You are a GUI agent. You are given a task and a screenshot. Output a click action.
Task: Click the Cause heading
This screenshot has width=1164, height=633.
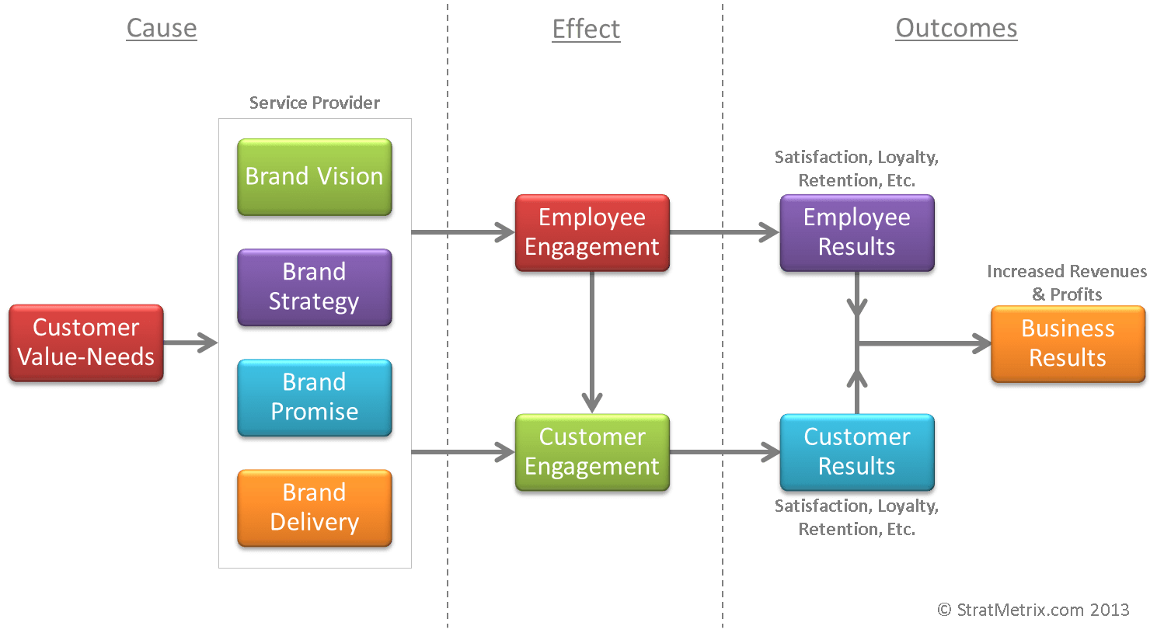click(162, 28)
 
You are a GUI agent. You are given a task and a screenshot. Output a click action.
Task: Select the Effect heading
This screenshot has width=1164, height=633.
click(586, 30)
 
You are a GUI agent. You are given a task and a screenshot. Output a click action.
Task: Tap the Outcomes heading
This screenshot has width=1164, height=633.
click(956, 28)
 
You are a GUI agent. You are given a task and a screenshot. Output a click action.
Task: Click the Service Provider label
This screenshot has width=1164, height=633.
click(314, 103)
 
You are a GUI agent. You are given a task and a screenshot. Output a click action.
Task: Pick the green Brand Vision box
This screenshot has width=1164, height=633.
click(314, 177)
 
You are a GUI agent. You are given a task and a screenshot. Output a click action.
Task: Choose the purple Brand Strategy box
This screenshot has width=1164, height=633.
click(314, 287)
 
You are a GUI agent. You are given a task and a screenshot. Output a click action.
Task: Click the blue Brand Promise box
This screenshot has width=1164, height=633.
click(314, 397)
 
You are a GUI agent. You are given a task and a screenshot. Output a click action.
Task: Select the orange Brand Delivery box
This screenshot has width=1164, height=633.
click(314, 507)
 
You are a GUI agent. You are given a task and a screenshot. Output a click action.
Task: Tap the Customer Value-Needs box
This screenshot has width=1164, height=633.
click(85, 343)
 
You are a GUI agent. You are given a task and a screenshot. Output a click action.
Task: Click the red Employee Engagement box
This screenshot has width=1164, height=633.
click(592, 232)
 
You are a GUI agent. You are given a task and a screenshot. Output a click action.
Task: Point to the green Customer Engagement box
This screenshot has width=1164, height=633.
click(592, 452)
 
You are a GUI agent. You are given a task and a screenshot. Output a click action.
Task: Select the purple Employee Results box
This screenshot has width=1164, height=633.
click(856, 232)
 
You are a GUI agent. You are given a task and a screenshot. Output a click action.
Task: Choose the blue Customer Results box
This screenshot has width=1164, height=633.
click(856, 452)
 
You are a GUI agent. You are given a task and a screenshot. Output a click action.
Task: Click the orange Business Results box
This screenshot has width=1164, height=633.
click(1068, 343)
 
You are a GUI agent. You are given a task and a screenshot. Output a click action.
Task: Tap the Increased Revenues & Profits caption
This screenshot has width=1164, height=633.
click(1066, 283)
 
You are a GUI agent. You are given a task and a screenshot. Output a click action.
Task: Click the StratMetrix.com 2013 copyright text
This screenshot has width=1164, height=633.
click(1033, 610)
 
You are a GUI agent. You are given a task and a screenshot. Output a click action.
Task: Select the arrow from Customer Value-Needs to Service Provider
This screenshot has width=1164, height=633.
click(191, 343)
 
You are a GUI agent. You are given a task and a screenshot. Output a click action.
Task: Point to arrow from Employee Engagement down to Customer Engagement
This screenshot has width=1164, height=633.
click(592, 342)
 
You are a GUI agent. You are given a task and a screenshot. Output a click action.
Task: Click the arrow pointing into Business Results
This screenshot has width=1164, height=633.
click(925, 343)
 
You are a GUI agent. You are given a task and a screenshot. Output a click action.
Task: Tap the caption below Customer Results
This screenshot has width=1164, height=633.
click(856, 517)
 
